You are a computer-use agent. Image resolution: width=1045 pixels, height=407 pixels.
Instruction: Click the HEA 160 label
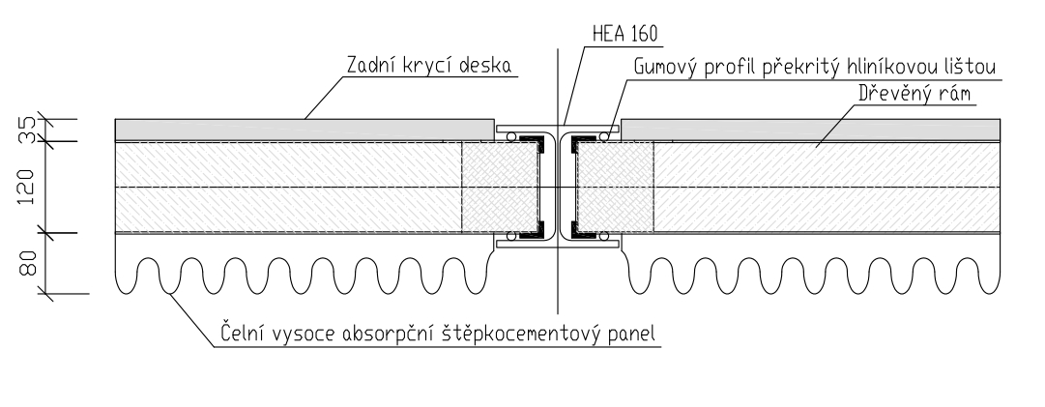coord(623,33)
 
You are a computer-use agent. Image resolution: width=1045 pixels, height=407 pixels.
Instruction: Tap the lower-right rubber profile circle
coord(603,236)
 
